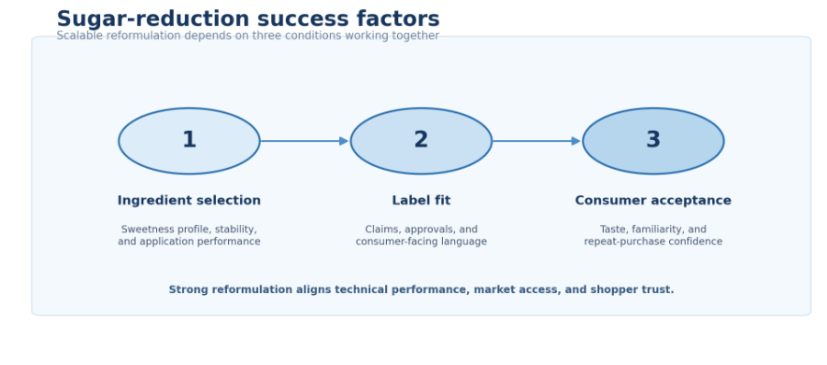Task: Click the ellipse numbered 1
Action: click(x=190, y=141)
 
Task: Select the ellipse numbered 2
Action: click(x=421, y=141)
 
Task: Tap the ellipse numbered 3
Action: click(x=653, y=141)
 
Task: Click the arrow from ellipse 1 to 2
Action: click(x=305, y=141)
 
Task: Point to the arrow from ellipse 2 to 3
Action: click(x=537, y=141)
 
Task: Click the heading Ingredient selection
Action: click(x=190, y=201)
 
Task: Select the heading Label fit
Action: click(x=421, y=201)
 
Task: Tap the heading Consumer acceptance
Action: click(x=653, y=201)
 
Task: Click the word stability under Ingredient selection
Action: click(x=236, y=230)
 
